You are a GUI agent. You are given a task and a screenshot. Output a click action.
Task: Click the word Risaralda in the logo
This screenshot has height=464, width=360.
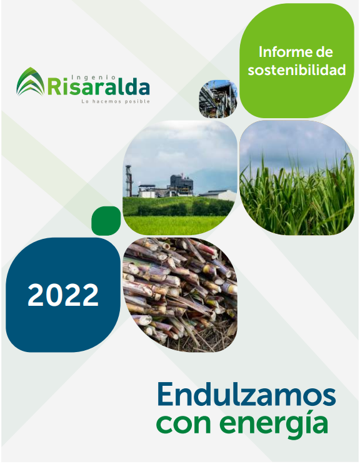click(x=99, y=86)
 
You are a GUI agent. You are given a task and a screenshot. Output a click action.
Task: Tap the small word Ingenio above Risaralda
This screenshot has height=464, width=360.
click(x=94, y=78)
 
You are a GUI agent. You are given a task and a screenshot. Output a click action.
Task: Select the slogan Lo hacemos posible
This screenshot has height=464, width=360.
click(x=116, y=101)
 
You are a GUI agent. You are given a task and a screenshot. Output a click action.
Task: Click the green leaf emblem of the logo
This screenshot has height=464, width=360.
click(x=31, y=82)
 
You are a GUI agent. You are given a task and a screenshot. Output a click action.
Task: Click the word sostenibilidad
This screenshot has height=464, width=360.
click(x=297, y=70)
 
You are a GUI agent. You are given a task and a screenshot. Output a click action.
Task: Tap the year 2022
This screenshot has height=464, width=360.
click(x=63, y=295)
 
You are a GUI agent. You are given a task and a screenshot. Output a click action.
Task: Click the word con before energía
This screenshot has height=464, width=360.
click(x=185, y=423)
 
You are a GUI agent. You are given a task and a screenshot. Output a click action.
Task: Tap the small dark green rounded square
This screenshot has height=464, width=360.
click(x=106, y=221)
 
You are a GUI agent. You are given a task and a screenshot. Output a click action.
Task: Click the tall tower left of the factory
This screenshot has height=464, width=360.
click(x=129, y=181)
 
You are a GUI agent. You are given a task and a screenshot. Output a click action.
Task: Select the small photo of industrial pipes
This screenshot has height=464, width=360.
click(x=218, y=99)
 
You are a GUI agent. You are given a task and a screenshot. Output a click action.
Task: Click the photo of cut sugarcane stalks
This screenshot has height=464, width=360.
click(x=180, y=295)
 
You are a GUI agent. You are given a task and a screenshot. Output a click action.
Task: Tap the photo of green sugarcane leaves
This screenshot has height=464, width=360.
click(x=297, y=178)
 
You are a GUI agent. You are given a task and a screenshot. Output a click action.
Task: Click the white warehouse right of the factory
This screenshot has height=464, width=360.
click(x=217, y=195)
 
